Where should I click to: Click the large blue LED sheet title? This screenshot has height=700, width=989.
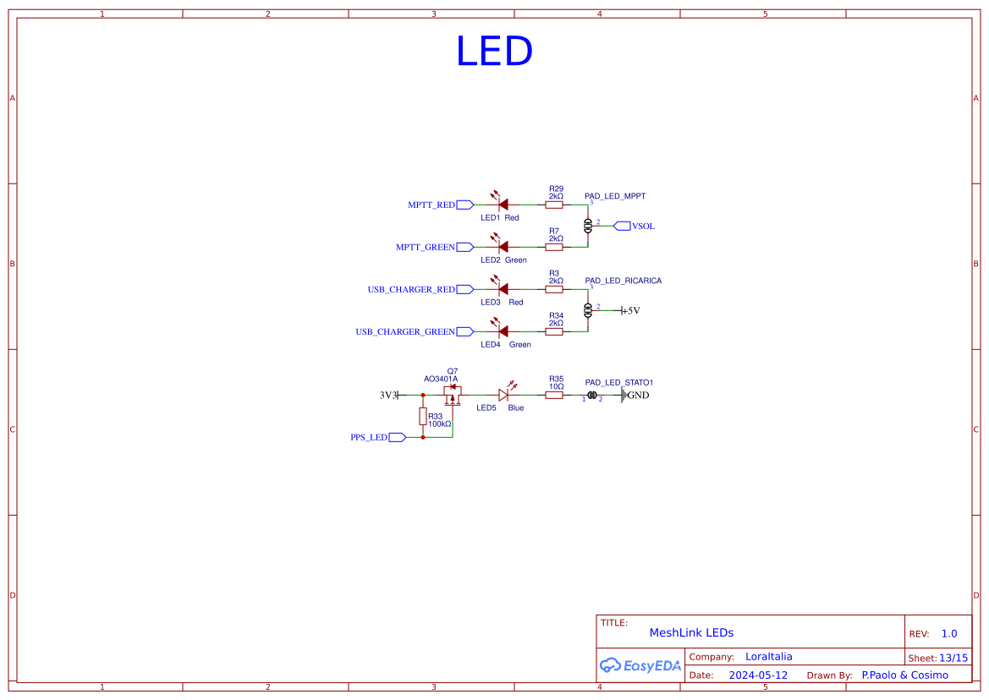click(x=494, y=52)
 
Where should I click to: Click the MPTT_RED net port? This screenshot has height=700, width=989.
click(x=464, y=205)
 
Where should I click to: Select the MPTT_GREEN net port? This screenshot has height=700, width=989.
click(x=464, y=247)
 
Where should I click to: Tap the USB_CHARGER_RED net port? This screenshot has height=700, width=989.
click(x=464, y=289)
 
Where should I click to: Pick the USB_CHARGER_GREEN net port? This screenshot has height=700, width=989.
click(x=464, y=331)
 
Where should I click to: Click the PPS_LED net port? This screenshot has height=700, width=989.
click(x=397, y=437)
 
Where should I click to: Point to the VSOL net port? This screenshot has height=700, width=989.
click(x=622, y=226)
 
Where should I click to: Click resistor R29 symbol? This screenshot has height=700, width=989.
click(x=554, y=205)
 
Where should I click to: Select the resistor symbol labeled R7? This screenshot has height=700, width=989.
click(x=554, y=247)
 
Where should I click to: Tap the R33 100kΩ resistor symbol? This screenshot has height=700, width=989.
click(x=423, y=416)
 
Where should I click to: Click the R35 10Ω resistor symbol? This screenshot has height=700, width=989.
click(x=554, y=395)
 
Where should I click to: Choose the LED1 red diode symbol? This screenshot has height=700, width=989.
click(x=503, y=204)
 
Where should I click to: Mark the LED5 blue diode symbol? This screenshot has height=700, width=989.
click(x=503, y=394)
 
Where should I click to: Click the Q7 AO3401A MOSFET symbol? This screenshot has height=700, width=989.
click(x=453, y=392)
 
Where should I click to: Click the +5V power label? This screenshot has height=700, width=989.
click(x=630, y=310)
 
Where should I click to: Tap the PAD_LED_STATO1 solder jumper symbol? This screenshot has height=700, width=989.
click(x=592, y=395)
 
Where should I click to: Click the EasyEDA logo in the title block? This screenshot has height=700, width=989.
click(x=640, y=665)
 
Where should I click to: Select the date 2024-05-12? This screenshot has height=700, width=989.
click(x=758, y=675)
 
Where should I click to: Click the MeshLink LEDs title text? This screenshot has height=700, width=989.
click(x=691, y=632)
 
